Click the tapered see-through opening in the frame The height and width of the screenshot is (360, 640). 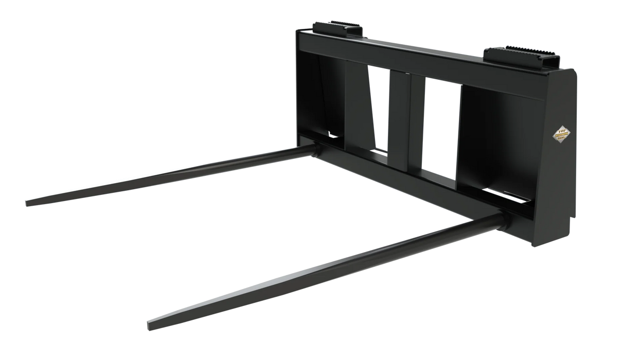point(378,108)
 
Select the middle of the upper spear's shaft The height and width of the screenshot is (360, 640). point(170,175)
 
